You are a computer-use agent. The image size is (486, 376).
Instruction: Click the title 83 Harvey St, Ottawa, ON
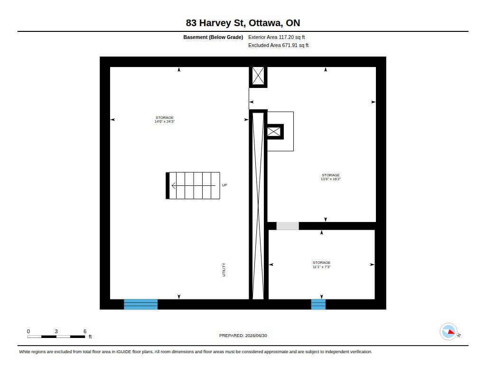click(243, 23)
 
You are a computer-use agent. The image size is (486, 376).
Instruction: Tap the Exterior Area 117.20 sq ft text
click(277, 37)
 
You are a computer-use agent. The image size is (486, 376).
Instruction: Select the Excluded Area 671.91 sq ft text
click(278, 45)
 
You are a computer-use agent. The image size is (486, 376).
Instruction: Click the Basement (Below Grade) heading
click(213, 37)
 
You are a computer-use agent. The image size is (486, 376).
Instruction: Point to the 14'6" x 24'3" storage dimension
click(165, 122)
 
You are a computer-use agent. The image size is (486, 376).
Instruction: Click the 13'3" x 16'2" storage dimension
click(331, 179)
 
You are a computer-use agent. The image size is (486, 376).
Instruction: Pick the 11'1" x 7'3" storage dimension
click(321, 267)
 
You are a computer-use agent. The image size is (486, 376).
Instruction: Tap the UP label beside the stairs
click(224, 185)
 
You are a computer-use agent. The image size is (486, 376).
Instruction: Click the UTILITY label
click(224, 270)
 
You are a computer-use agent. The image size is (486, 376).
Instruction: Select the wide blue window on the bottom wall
click(140, 304)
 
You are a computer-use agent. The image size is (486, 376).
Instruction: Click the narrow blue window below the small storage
click(318, 304)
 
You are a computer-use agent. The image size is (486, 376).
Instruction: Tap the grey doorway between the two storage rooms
click(288, 226)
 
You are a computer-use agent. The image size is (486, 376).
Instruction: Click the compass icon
click(449, 332)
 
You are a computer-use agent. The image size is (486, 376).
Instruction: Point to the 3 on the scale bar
click(56, 331)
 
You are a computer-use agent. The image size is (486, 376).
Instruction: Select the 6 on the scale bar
click(85, 331)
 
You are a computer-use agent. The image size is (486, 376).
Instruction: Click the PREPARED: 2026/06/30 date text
click(243, 336)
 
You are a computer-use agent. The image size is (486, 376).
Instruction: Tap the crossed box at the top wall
click(258, 76)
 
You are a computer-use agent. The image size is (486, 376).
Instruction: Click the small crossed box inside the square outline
click(274, 132)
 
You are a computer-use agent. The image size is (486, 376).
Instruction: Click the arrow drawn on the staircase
click(194, 186)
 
